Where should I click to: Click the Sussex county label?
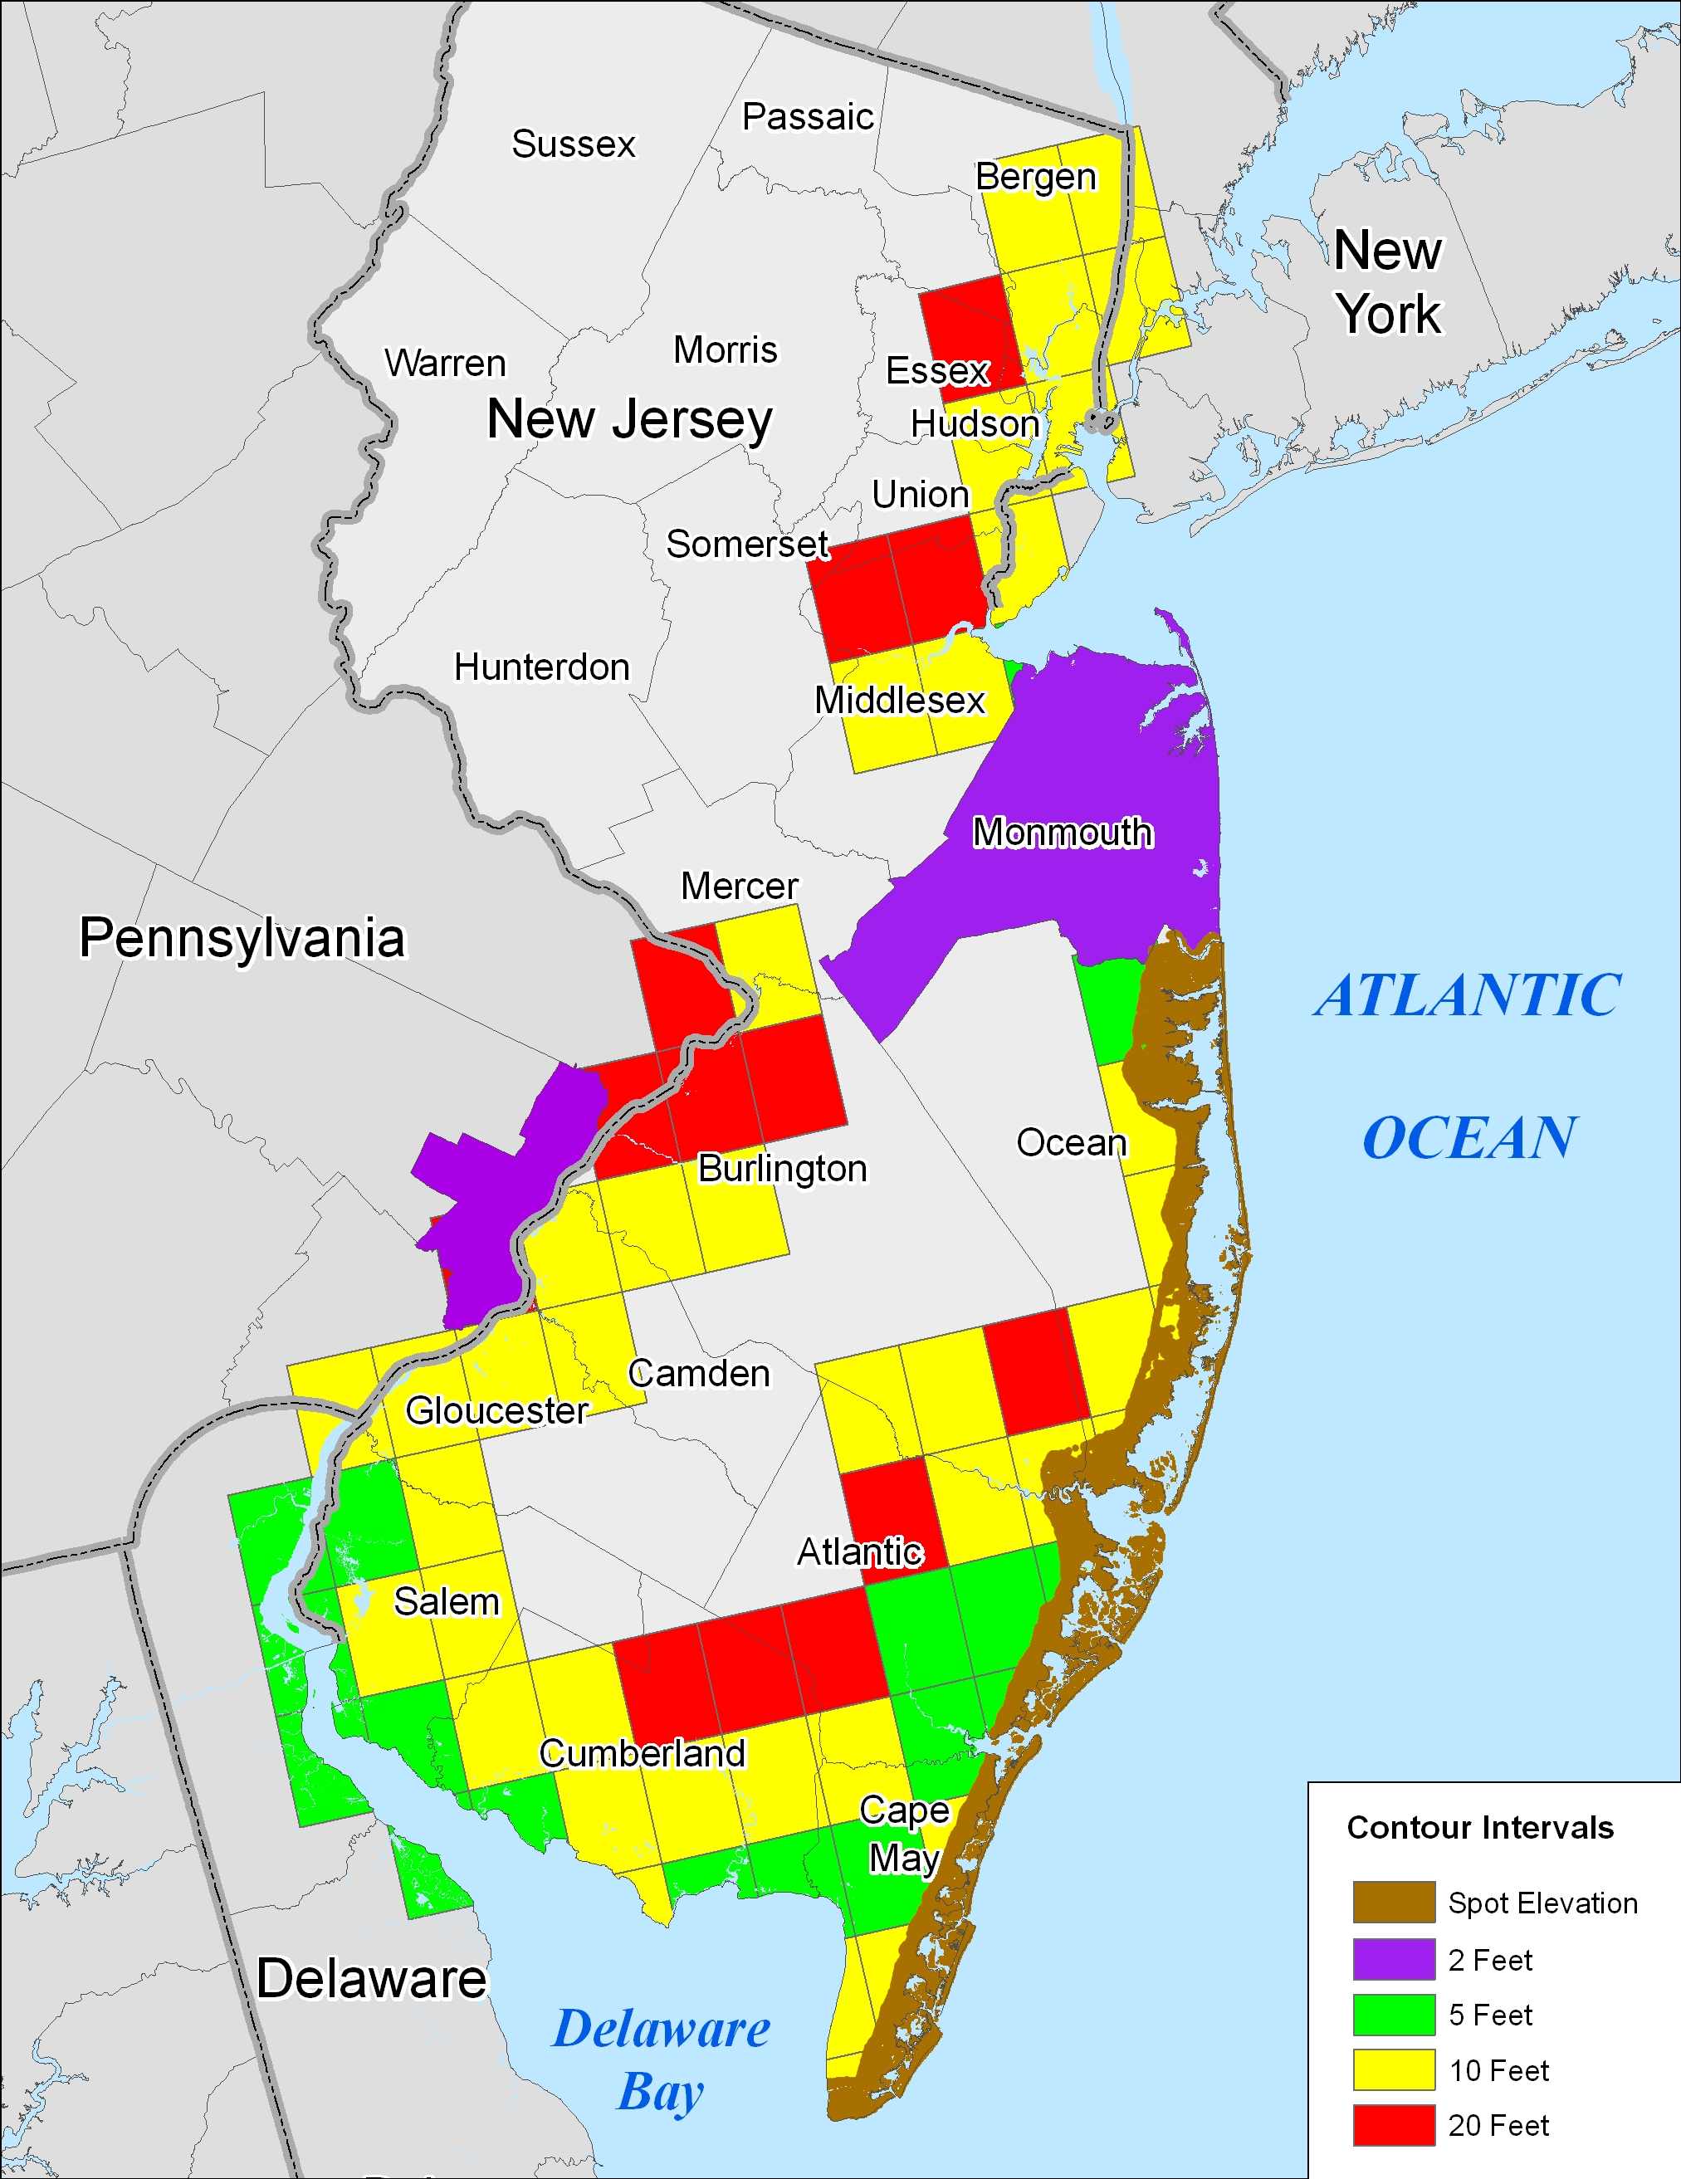[x=573, y=144]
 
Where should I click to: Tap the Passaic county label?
[x=807, y=117]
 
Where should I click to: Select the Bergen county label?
[x=1035, y=177]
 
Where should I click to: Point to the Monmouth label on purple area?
[x=1063, y=832]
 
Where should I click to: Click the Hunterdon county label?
[x=542, y=667]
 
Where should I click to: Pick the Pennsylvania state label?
[x=242, y=938]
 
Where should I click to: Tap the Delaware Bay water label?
[x=661, y=2059]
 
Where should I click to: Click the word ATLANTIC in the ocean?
[x=1467, y=996]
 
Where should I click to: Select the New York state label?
[x=1388, y=281]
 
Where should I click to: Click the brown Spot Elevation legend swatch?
[x=1394, y=1903]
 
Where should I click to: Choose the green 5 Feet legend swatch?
[x=1394, y=2015]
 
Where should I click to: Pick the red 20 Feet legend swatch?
[x=1394, y=2125]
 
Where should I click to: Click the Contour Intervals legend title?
[x=1479, y=1828]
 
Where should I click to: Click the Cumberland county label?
[x=643, y=1754]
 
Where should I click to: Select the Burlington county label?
[x=782, y=1168]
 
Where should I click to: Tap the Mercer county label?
[x=740, y=886]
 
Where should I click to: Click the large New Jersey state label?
[x=629, y=419]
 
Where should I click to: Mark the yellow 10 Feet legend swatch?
[x=1394, y=2070]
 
